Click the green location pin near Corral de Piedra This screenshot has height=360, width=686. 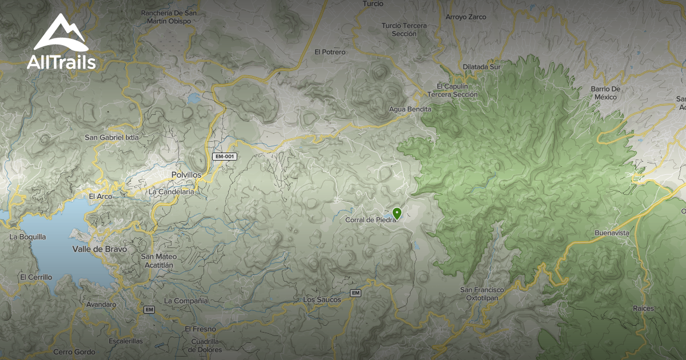397,214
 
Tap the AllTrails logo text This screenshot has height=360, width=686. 61,62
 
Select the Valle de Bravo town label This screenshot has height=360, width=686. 99,249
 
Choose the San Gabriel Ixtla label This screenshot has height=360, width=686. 111,137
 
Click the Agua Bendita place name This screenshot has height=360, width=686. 409,109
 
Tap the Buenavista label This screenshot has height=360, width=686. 612,233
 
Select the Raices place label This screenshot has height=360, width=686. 643,309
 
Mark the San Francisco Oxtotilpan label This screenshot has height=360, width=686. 482,294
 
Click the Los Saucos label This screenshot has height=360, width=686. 322,299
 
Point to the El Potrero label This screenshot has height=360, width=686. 330,52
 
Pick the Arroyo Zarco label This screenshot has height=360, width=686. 465,17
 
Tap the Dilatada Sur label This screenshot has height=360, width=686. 481,67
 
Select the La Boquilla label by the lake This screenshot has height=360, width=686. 27,236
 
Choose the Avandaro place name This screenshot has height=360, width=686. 101,305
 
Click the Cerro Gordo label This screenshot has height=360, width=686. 74,352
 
